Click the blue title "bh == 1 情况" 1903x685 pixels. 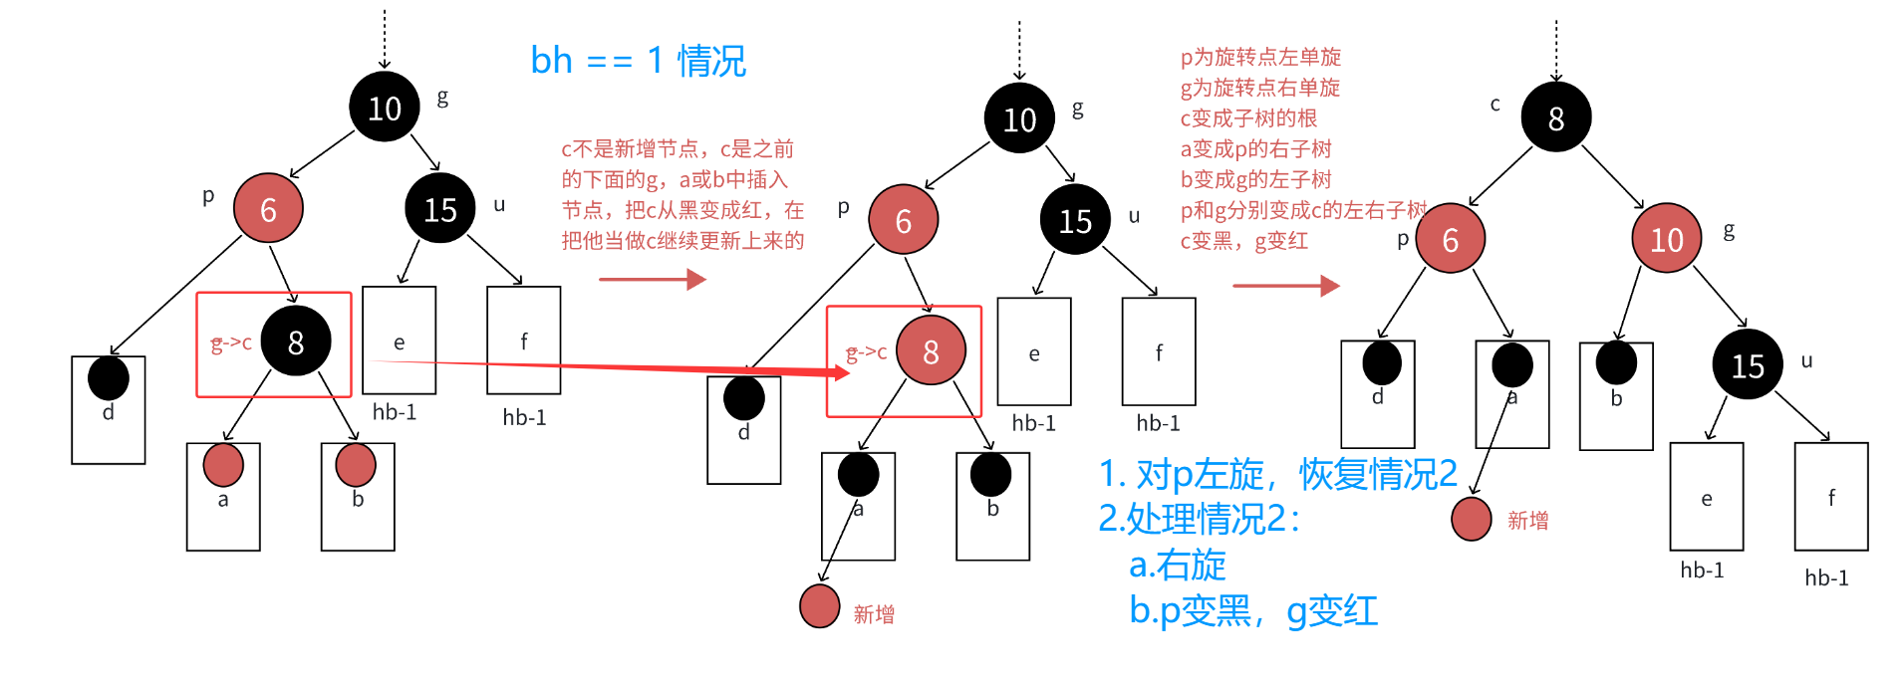638,61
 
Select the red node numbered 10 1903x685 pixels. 1666,239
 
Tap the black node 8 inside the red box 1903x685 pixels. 296,342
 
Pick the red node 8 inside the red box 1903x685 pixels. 931,350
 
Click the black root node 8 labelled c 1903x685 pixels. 1555,117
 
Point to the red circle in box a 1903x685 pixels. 223,465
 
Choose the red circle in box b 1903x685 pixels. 356,465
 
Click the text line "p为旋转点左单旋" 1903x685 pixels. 1260,57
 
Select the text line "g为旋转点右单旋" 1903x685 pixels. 1259,88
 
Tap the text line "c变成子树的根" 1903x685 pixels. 1248,118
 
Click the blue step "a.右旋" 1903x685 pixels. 1177,565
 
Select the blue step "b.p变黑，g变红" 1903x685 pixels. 1252,610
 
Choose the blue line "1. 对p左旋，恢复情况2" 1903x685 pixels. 1277,474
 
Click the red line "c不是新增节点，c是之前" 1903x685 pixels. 678,149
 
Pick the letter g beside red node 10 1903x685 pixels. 1729,230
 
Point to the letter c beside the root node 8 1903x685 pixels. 1495,104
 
